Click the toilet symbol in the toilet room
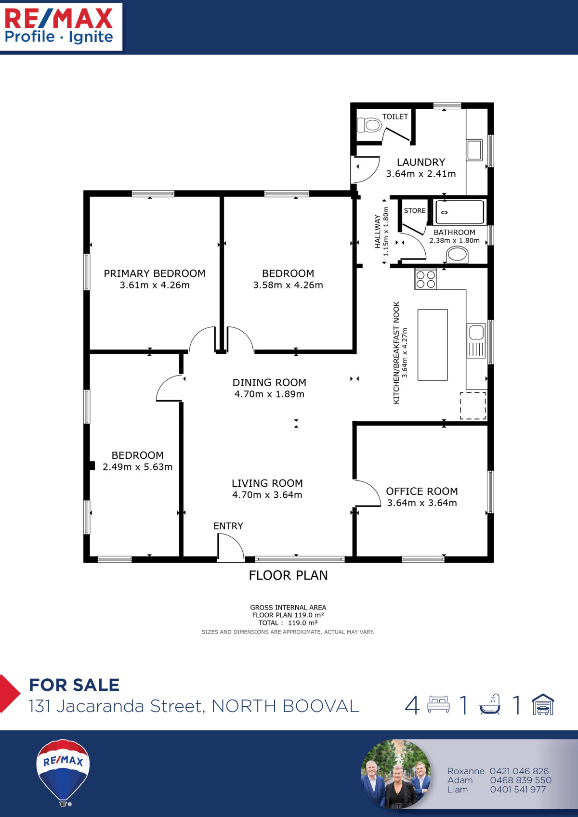[x=369, y=125]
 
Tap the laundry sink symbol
[x=474, y=150]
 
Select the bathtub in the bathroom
[x=459, y=212]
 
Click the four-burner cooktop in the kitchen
[x=426, y=279]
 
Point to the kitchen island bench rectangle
[x=433, y=345]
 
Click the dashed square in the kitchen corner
[x=473, y=405]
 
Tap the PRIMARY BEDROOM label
[x=155, y=273]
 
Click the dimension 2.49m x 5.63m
[x=138, y=467]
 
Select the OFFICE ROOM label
[x=422, y=491]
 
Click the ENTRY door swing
[x=230, y=548]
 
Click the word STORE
[x=415, y=210]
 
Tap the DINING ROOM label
[x=269, y=382]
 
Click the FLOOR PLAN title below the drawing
[x=288, y=575]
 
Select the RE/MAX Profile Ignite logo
[x=59, y=26]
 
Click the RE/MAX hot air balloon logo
[x=63, y=770]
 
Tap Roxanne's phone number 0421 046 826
[x=519, y=771]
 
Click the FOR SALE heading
[x=74, y=685]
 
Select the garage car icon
[x=543, y=705]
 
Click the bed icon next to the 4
[x=438, y=704]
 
